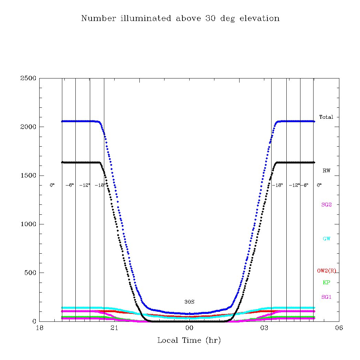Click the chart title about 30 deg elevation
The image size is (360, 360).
pyautogui.click(x=180, y=19)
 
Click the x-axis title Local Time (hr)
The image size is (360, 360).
pyautogui.click(x=189, y=341)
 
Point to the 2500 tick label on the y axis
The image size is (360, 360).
pyautogui.click(x=29, y=78)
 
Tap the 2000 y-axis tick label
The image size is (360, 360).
pyautogui.click(x=29, y=127)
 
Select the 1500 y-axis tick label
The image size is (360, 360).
pyautogui.click(x=29, y=176)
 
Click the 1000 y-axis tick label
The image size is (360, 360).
pyautogui.click(x=29, y=224)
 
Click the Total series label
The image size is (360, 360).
pyautogui.click(x=326, y=117)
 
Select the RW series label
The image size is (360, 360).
pyautogui.click(x=326, y=171)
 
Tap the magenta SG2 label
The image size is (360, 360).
pyautogui.click(x=326, y=204)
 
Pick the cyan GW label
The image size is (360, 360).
pyautogui.click(x=326, y=239)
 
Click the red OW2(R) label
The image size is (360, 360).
pyautogui.click(x=326, y=271)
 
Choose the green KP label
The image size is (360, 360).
pyautogui.click(x=326, y=283)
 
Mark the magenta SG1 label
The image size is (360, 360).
pyautogui.click(x=326, y=297)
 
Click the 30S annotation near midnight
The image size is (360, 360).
pyautogui.click(x=189, y=302)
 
